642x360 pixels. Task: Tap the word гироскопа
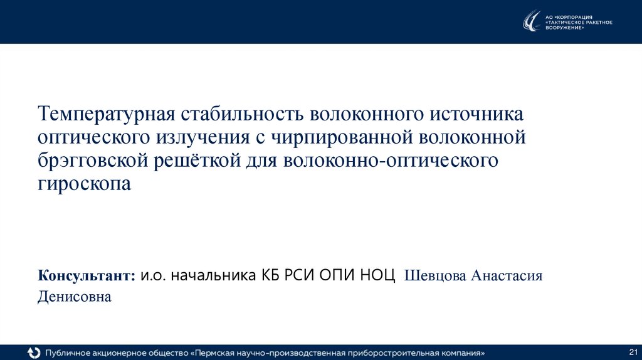coord(84,185)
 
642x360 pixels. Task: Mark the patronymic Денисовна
coord(74,297)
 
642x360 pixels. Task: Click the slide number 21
coord(633,351)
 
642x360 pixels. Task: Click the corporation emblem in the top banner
coord(532,21)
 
